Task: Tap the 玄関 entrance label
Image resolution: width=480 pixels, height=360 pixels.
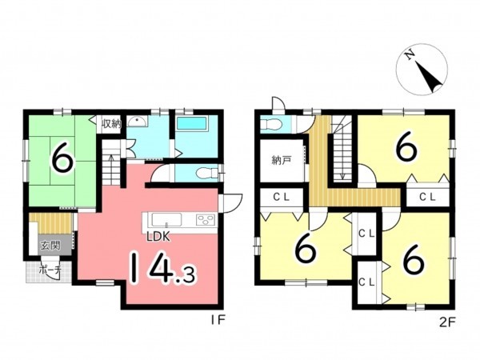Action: click(50, 246)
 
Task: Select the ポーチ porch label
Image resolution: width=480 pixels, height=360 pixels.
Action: click(51, 270)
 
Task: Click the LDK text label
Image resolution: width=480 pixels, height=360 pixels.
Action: click(158, 236)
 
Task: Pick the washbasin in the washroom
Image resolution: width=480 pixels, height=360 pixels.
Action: click(138, 122)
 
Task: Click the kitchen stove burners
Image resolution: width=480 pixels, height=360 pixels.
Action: click(206, 220)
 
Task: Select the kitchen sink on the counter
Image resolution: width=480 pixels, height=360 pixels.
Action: click(166, 220)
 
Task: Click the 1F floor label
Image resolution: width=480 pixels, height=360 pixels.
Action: click(218, 320)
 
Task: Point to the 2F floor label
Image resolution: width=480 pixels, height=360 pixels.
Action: click(447, 322)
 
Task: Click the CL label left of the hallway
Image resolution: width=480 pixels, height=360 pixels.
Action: click(282, 198)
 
